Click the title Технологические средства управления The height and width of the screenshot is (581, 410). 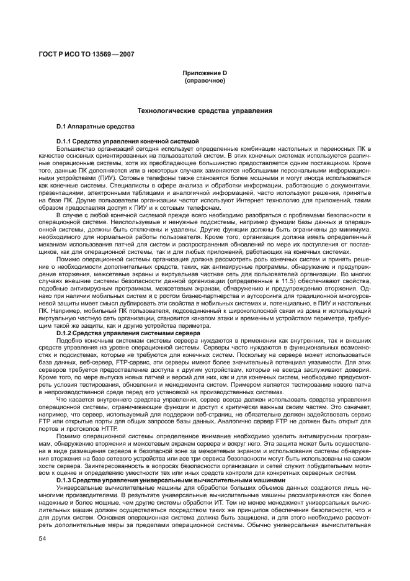[x=204, y=111]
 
